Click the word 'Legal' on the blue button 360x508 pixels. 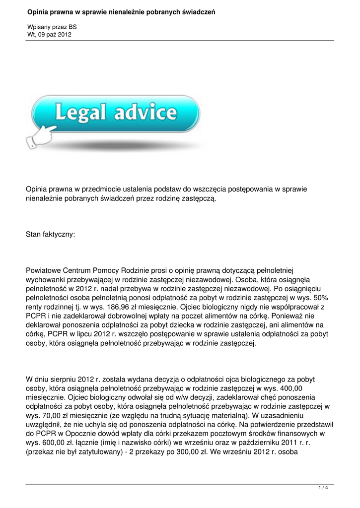[x=81, y=114]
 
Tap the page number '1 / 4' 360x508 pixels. [x=323, y=488]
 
